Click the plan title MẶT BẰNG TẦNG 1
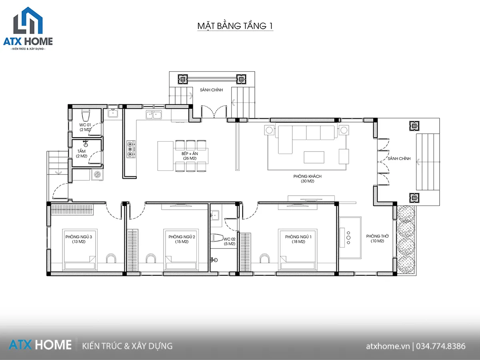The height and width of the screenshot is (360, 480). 235,26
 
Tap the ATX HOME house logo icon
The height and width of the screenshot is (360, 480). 28,20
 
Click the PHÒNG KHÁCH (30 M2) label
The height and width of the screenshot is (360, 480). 307,178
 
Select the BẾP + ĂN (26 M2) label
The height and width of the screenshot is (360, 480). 190,156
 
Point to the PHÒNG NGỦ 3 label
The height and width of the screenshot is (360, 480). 79,237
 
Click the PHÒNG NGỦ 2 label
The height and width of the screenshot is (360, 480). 182,237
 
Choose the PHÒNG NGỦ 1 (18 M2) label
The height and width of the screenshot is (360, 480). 298,239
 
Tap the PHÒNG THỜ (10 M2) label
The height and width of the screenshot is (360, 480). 378,238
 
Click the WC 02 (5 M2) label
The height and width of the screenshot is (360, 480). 230,241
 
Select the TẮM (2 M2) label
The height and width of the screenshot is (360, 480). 82,154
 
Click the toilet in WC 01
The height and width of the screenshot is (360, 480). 86,115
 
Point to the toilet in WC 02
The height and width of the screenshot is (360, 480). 217,238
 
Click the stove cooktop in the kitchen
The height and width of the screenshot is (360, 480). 131,149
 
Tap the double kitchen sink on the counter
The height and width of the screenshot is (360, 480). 154,115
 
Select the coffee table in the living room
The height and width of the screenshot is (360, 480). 314,157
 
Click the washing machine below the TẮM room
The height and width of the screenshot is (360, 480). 98,174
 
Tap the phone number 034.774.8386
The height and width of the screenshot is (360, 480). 441,346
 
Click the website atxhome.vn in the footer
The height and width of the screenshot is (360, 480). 388,346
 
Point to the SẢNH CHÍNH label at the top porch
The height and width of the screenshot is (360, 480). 211,90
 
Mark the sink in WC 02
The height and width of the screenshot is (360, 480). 214,215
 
